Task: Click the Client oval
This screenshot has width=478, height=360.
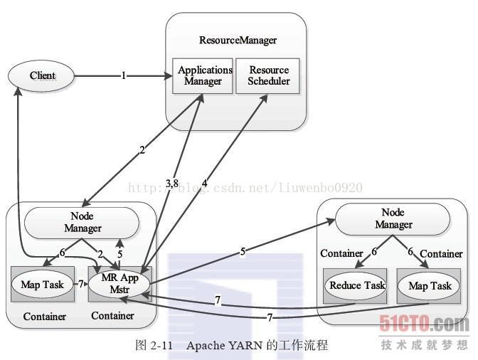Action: click(42, 75)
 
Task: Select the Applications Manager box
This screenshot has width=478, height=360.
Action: click(205, 75)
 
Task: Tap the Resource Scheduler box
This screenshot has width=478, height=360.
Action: click(268, 75)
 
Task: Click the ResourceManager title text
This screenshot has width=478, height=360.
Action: click(237, 41)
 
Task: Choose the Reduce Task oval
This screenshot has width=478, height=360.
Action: click(355, 285)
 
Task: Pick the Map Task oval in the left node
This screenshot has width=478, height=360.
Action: click(42, 285)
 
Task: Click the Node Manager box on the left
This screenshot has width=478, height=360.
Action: click(82, 223)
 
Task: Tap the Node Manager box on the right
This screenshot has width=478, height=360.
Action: click(393, 218)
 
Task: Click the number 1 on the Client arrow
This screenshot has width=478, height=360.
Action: click(123, 75)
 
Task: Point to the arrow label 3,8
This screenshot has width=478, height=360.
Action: click(171, 184)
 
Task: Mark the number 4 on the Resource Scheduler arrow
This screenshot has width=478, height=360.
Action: click(204, 184)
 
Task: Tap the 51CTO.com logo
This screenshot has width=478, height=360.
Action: click(424, 324)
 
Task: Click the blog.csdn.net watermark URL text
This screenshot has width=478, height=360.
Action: click(244, 188)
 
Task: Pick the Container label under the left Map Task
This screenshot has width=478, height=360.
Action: click(45, 317)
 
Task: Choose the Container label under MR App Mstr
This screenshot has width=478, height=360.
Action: click(112, 315)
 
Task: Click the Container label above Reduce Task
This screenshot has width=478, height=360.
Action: click(341, 253)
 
